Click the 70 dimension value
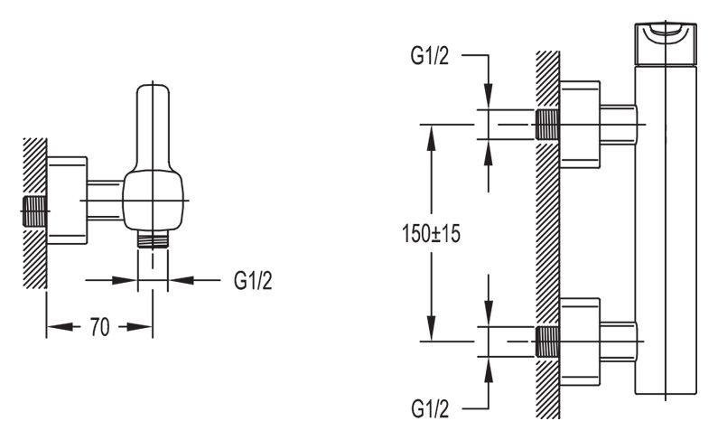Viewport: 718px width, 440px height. (x=99, y=327)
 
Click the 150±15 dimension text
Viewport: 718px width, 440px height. (x=431, y=233)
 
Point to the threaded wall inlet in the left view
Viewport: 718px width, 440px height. (x=34, y=212)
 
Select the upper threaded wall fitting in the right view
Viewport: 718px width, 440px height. (x=546, y=124)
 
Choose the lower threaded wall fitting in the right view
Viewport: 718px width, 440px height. (x=546, y=342)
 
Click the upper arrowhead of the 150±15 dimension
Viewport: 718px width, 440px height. (x=432, y=136)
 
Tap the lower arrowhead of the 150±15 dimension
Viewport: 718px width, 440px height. (x=432, y=329)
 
